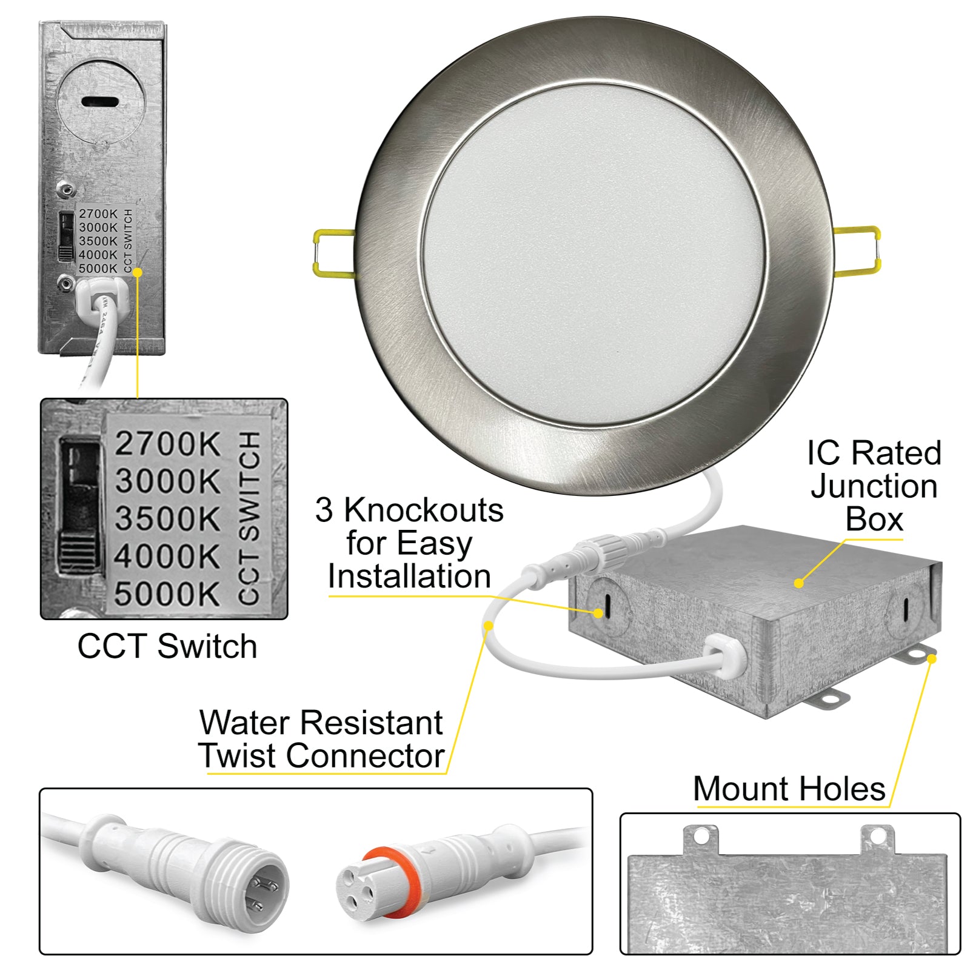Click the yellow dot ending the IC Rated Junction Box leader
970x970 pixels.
(x=799, y=583)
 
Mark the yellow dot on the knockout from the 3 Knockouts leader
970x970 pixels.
(x=599, y=614)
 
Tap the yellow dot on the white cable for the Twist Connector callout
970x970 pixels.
(x=488, y=625)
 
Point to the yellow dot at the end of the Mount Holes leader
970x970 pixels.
(x=932, y=658)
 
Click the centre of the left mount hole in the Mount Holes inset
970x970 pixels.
(x=701, y=837)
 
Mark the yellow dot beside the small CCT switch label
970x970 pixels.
(x=138, y=273)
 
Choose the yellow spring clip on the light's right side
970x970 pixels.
(x=857, y=250)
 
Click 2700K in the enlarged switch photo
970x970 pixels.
(x=167, y=443)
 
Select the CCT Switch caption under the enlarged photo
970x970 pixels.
(x=167, y=646)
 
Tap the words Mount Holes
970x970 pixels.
(x=789, y=789)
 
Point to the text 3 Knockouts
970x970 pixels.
(x=409, y=510)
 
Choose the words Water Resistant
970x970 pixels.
(x=321, y=723)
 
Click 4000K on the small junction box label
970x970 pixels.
(x=98, y=255)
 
